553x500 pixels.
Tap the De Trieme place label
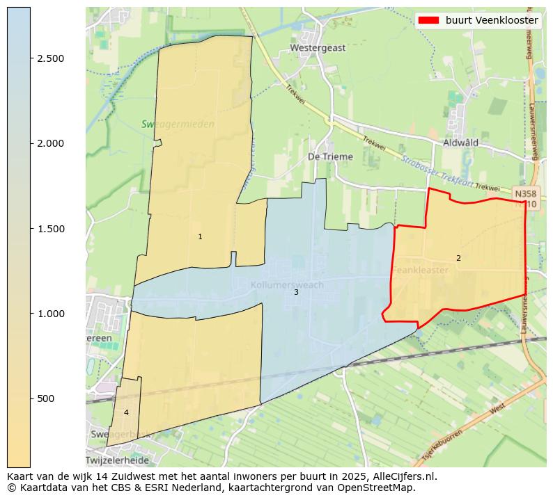click(x=330, y=157)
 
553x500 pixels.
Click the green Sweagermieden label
click(x=178, y=124)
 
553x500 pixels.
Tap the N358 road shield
click(x=524, y=193)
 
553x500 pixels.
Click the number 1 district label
click(x=200, y=237)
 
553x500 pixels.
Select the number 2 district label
click(x=458, y=258)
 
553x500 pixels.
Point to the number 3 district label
click(x=296, y=293)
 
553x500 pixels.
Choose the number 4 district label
click(x=126, y=412)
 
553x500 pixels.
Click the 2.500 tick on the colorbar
click(x=51, y=58)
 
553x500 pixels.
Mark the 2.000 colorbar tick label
click(x=51, y=143)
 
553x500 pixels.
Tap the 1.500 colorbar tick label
click(x=51, y=229)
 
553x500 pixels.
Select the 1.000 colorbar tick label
click(x=51, y=314)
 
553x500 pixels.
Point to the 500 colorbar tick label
click(x=45, y=398)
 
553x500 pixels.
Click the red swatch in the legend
click(x=428, y=20)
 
